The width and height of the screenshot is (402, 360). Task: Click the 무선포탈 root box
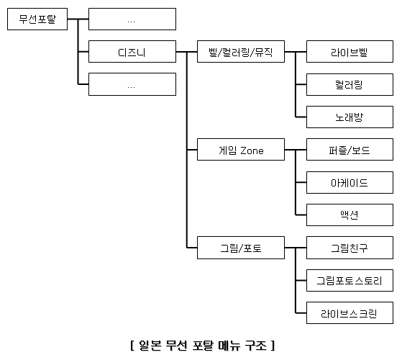coord(37,19)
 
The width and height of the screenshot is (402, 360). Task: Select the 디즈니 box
coord(132,51)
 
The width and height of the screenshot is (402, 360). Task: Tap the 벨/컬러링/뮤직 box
coord(241,51)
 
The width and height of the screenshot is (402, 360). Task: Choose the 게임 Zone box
coord(241,150)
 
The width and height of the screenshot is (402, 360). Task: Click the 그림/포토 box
coord(241,248)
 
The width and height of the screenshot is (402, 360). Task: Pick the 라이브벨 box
coord(350,51)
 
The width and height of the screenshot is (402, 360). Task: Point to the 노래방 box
coord(350,117)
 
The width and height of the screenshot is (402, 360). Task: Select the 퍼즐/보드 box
coord(350,150)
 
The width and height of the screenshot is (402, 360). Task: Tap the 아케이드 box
coord(350,182)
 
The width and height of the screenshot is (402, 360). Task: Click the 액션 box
coord(350,215)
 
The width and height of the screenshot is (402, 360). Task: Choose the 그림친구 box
coord(350,248)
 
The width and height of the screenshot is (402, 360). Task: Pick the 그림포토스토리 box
coord(350,281)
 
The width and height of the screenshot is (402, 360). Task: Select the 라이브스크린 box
coord(350,313)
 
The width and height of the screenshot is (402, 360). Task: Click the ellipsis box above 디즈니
coord(132,19)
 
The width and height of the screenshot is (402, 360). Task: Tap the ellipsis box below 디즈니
coord(132,84)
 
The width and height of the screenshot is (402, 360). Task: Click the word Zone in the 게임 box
coord(252,150)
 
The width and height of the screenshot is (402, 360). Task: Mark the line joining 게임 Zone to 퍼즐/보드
coord(296,150)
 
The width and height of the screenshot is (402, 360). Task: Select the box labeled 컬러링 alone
coord(350,84)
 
